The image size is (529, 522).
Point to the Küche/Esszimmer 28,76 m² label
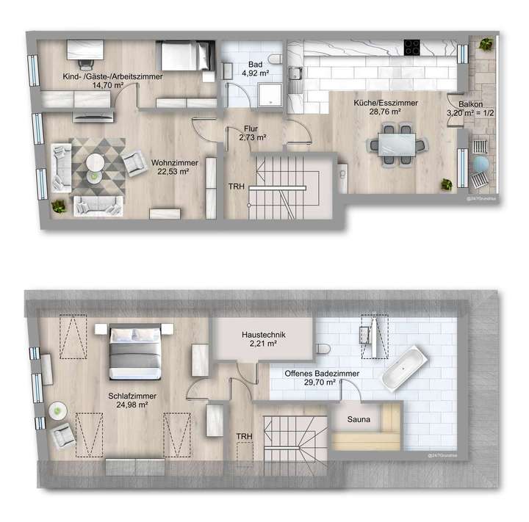[x=375, y=108]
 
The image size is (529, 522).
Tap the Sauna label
[x=363, y=420]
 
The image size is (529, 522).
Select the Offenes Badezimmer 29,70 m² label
[x=312, y=378]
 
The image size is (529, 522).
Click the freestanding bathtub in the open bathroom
[x=403, y=366]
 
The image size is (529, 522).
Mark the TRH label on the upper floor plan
[x=237, y=186]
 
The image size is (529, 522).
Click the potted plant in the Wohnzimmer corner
[x=57, y=208]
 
